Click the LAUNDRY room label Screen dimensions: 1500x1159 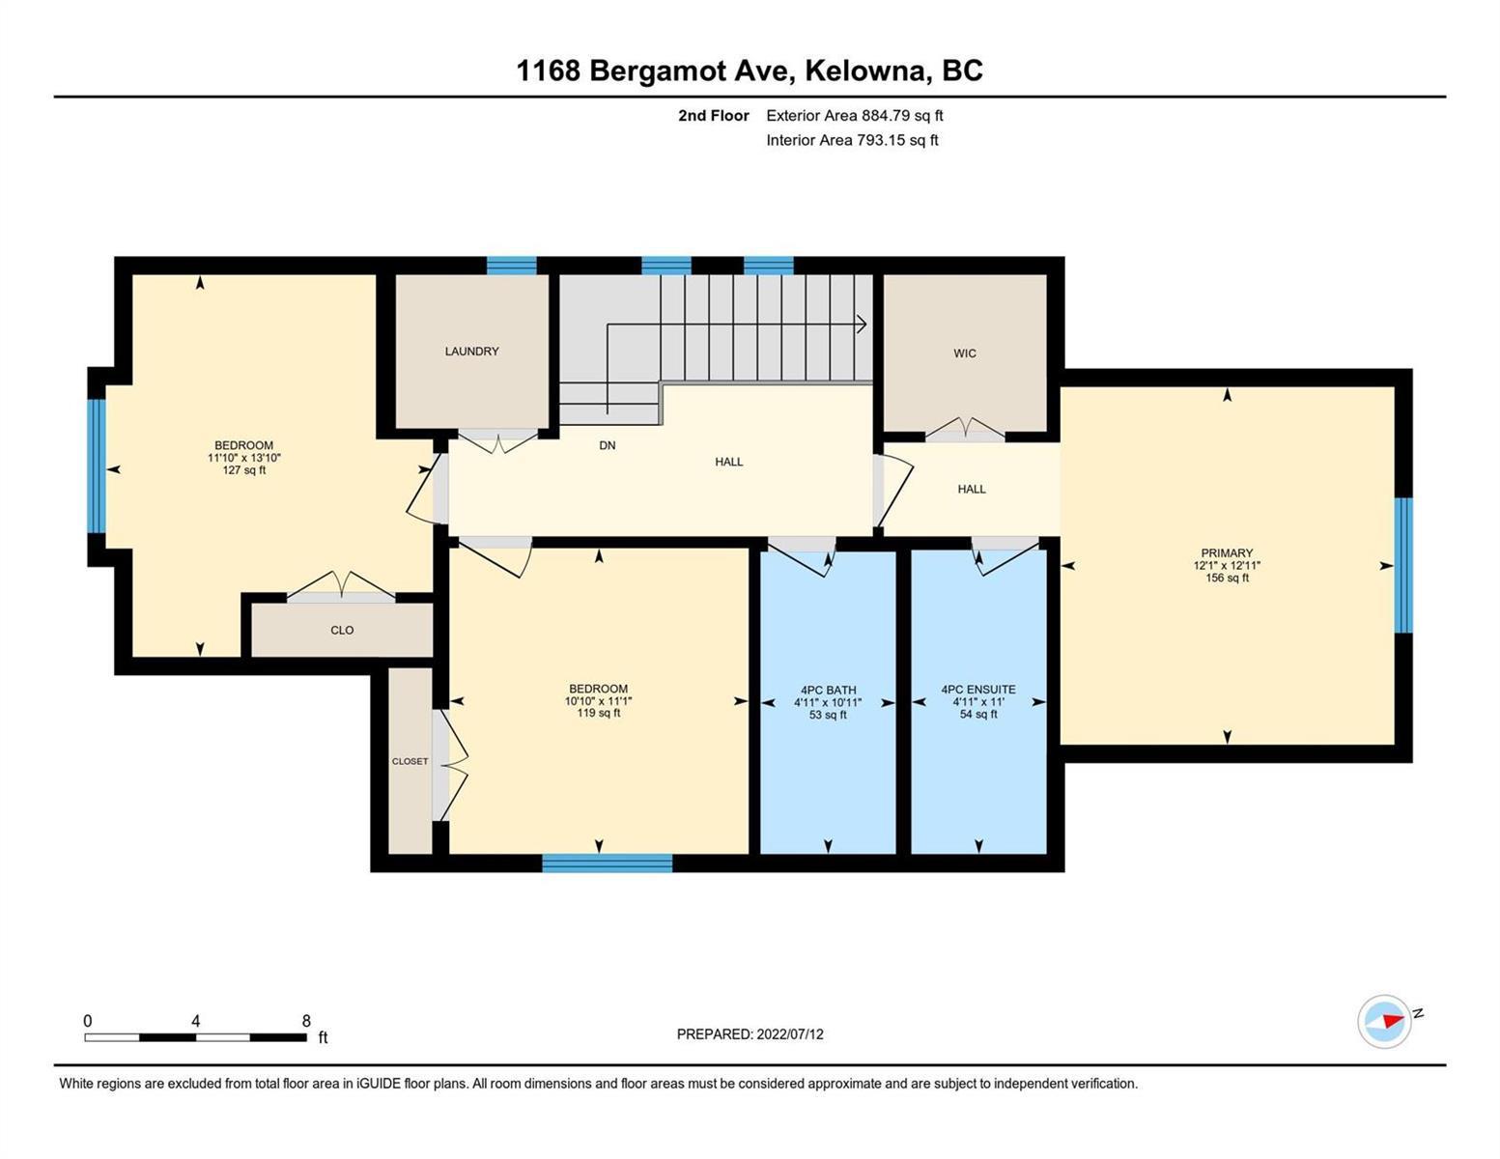[x=471, y=352]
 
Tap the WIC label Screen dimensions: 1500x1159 [x=964, y=353]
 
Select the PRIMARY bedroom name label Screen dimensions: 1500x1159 [x=1227, y=552]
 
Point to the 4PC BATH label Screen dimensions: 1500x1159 [x=829, y=690]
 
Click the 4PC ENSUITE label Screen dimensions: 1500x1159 [x=978, y=689]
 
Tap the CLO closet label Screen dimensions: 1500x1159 [x=342, y=631]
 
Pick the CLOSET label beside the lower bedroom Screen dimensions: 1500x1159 [x=410, y=761]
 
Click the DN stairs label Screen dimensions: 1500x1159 [x=608, y=445]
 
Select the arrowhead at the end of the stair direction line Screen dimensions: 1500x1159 [x=862, y=324]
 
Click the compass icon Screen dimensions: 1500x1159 [x=1384, y=1022]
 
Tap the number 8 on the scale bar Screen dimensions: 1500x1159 [x=306, y=1020]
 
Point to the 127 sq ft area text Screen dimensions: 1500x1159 [x=244, y=470]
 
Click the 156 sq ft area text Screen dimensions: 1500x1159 [x=1227, y=578]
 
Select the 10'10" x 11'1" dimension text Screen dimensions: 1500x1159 [x=599, y=700]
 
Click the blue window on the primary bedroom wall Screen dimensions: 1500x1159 [x=1403, y=565]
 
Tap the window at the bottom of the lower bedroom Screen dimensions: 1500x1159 [x=608, y=862]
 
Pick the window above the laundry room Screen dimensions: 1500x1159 [x=512, y=266]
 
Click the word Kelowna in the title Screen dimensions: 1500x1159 [x=864, y=71]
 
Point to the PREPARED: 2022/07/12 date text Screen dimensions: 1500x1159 [x=750, y=1034]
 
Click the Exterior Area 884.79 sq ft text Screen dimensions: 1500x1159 [x=855, y=115]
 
